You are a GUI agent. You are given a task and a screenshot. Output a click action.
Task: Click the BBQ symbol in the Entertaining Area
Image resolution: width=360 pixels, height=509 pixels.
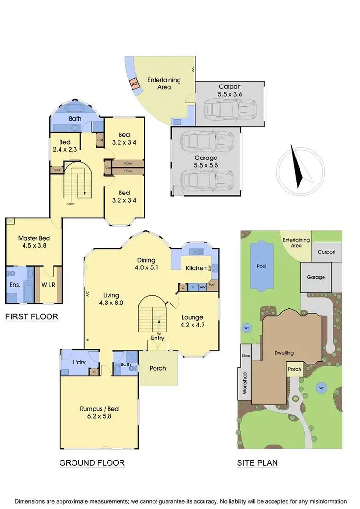(135, 84)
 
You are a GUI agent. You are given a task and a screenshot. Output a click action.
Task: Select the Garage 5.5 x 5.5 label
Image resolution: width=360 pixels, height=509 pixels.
(206, 161)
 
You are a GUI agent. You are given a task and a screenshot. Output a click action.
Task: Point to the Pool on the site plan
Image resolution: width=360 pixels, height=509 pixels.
(261, 266)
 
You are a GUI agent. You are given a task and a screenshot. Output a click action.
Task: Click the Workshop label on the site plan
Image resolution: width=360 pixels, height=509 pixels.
(244, 383)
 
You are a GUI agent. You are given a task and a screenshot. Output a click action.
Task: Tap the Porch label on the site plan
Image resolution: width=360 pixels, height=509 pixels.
(294, 370)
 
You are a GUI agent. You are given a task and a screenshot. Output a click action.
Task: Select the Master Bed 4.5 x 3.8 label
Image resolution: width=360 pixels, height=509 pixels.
(34, 242)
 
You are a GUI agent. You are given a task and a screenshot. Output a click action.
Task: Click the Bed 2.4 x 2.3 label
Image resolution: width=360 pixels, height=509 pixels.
(65, 145)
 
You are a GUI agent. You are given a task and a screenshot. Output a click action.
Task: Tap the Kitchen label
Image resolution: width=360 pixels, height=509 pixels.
(196, 268)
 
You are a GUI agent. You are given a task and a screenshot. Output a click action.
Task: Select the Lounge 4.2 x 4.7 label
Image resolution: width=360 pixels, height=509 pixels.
(192, 321)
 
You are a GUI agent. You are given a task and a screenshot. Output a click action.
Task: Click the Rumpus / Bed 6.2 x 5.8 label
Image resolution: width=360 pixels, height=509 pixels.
(99, 412)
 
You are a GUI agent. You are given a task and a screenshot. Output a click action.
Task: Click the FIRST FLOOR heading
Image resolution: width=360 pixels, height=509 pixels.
(31, 316)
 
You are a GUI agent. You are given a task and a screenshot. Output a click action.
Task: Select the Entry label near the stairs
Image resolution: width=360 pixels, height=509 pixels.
(157, 338)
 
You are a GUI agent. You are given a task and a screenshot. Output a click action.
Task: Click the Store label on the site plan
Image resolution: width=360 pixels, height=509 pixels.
(246, 356)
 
